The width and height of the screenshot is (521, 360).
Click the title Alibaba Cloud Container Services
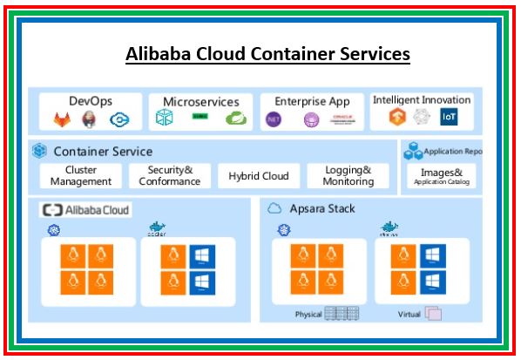pyautogui.click(x=267, y=54)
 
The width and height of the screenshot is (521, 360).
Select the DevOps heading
pyautogui.click(x=91, y=101)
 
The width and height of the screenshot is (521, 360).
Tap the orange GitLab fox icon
pyautogui.click(x=62, y=119)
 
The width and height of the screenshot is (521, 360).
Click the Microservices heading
pyautogui.click(x=200, y=102)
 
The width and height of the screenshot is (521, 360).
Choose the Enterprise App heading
pyautogui.click(x=312, y=101)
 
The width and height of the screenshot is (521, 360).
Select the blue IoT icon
pyautogui.click(x=450, y=118)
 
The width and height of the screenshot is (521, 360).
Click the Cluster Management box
pyautogui.click(x=81, y=175)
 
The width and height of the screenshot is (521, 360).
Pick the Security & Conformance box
pyautogui.click(x=170, y=175)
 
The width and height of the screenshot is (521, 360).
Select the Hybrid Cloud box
pyautogui.click(x=258, y=175)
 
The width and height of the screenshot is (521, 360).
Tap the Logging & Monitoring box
pyautogui.click(x=348, y=175)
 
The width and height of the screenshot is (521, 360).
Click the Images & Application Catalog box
pyautogui.click(x=442, y=176)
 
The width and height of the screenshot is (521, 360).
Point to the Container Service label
pyautogui.click(x=102, y=152)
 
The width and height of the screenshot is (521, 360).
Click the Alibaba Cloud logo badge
pyautogui.click(x=85, y=210)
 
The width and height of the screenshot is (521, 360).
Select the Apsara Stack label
pyautogui.click(x=322, y=209)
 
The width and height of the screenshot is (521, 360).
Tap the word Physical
pyautogui.click(x=308, y=314)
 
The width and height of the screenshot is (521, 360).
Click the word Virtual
pyautogui.click(x=409, y=314)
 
